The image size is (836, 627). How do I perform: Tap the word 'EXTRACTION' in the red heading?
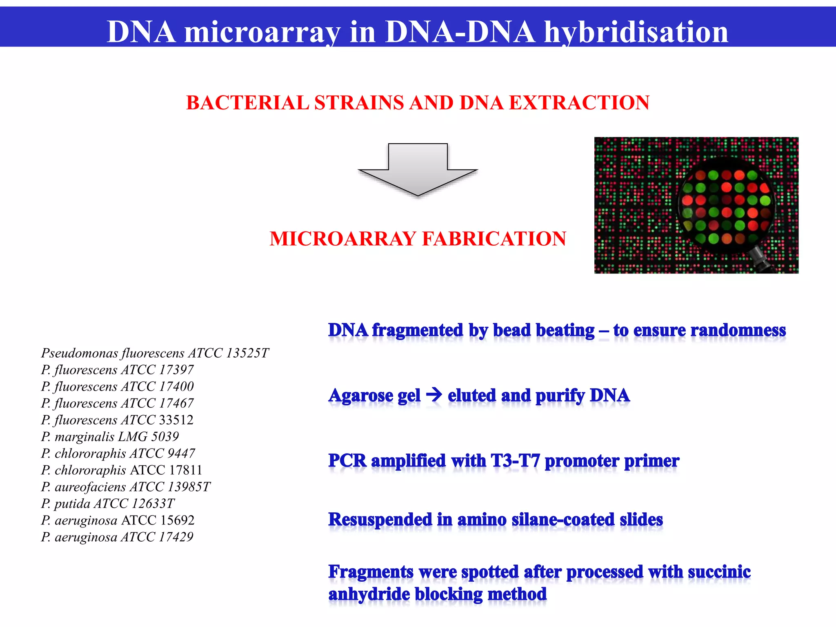pos(578,102)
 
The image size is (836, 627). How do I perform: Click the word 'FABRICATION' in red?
pos(494,239)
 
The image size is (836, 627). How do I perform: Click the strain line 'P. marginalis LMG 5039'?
pos(110,437)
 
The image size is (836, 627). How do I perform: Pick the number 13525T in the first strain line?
pos(248,353)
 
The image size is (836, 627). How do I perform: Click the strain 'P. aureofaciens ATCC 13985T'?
pos(125,487)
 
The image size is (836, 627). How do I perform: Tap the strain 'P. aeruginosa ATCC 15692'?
pos(118,520)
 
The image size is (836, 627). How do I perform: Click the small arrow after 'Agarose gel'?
pos(434,395)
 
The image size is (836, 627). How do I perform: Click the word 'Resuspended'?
pos(380,520)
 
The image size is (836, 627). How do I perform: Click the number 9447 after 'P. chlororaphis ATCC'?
pos(181,454)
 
